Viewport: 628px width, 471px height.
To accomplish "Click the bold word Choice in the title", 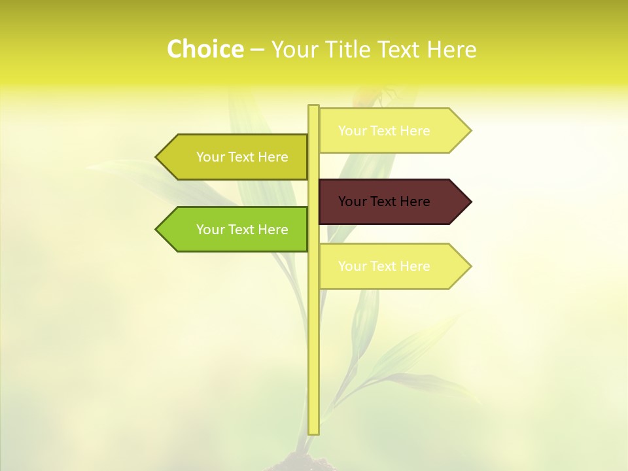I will (x=205, y=50).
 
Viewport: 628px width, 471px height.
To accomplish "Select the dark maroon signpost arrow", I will (x=392, y=201).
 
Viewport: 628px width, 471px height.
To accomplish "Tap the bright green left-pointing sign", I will (x=235, y=229).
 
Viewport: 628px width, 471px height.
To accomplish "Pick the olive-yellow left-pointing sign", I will (x=235, y=157).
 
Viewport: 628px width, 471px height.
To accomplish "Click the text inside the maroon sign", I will (x=384, y=201).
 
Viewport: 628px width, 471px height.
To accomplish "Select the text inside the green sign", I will (x=242, y=230).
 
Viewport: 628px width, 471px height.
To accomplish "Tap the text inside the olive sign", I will (x=242, y=157).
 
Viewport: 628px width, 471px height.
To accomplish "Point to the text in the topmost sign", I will (x=384, y=131).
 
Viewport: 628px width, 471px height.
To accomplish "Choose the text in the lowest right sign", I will (x=384, y=266).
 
